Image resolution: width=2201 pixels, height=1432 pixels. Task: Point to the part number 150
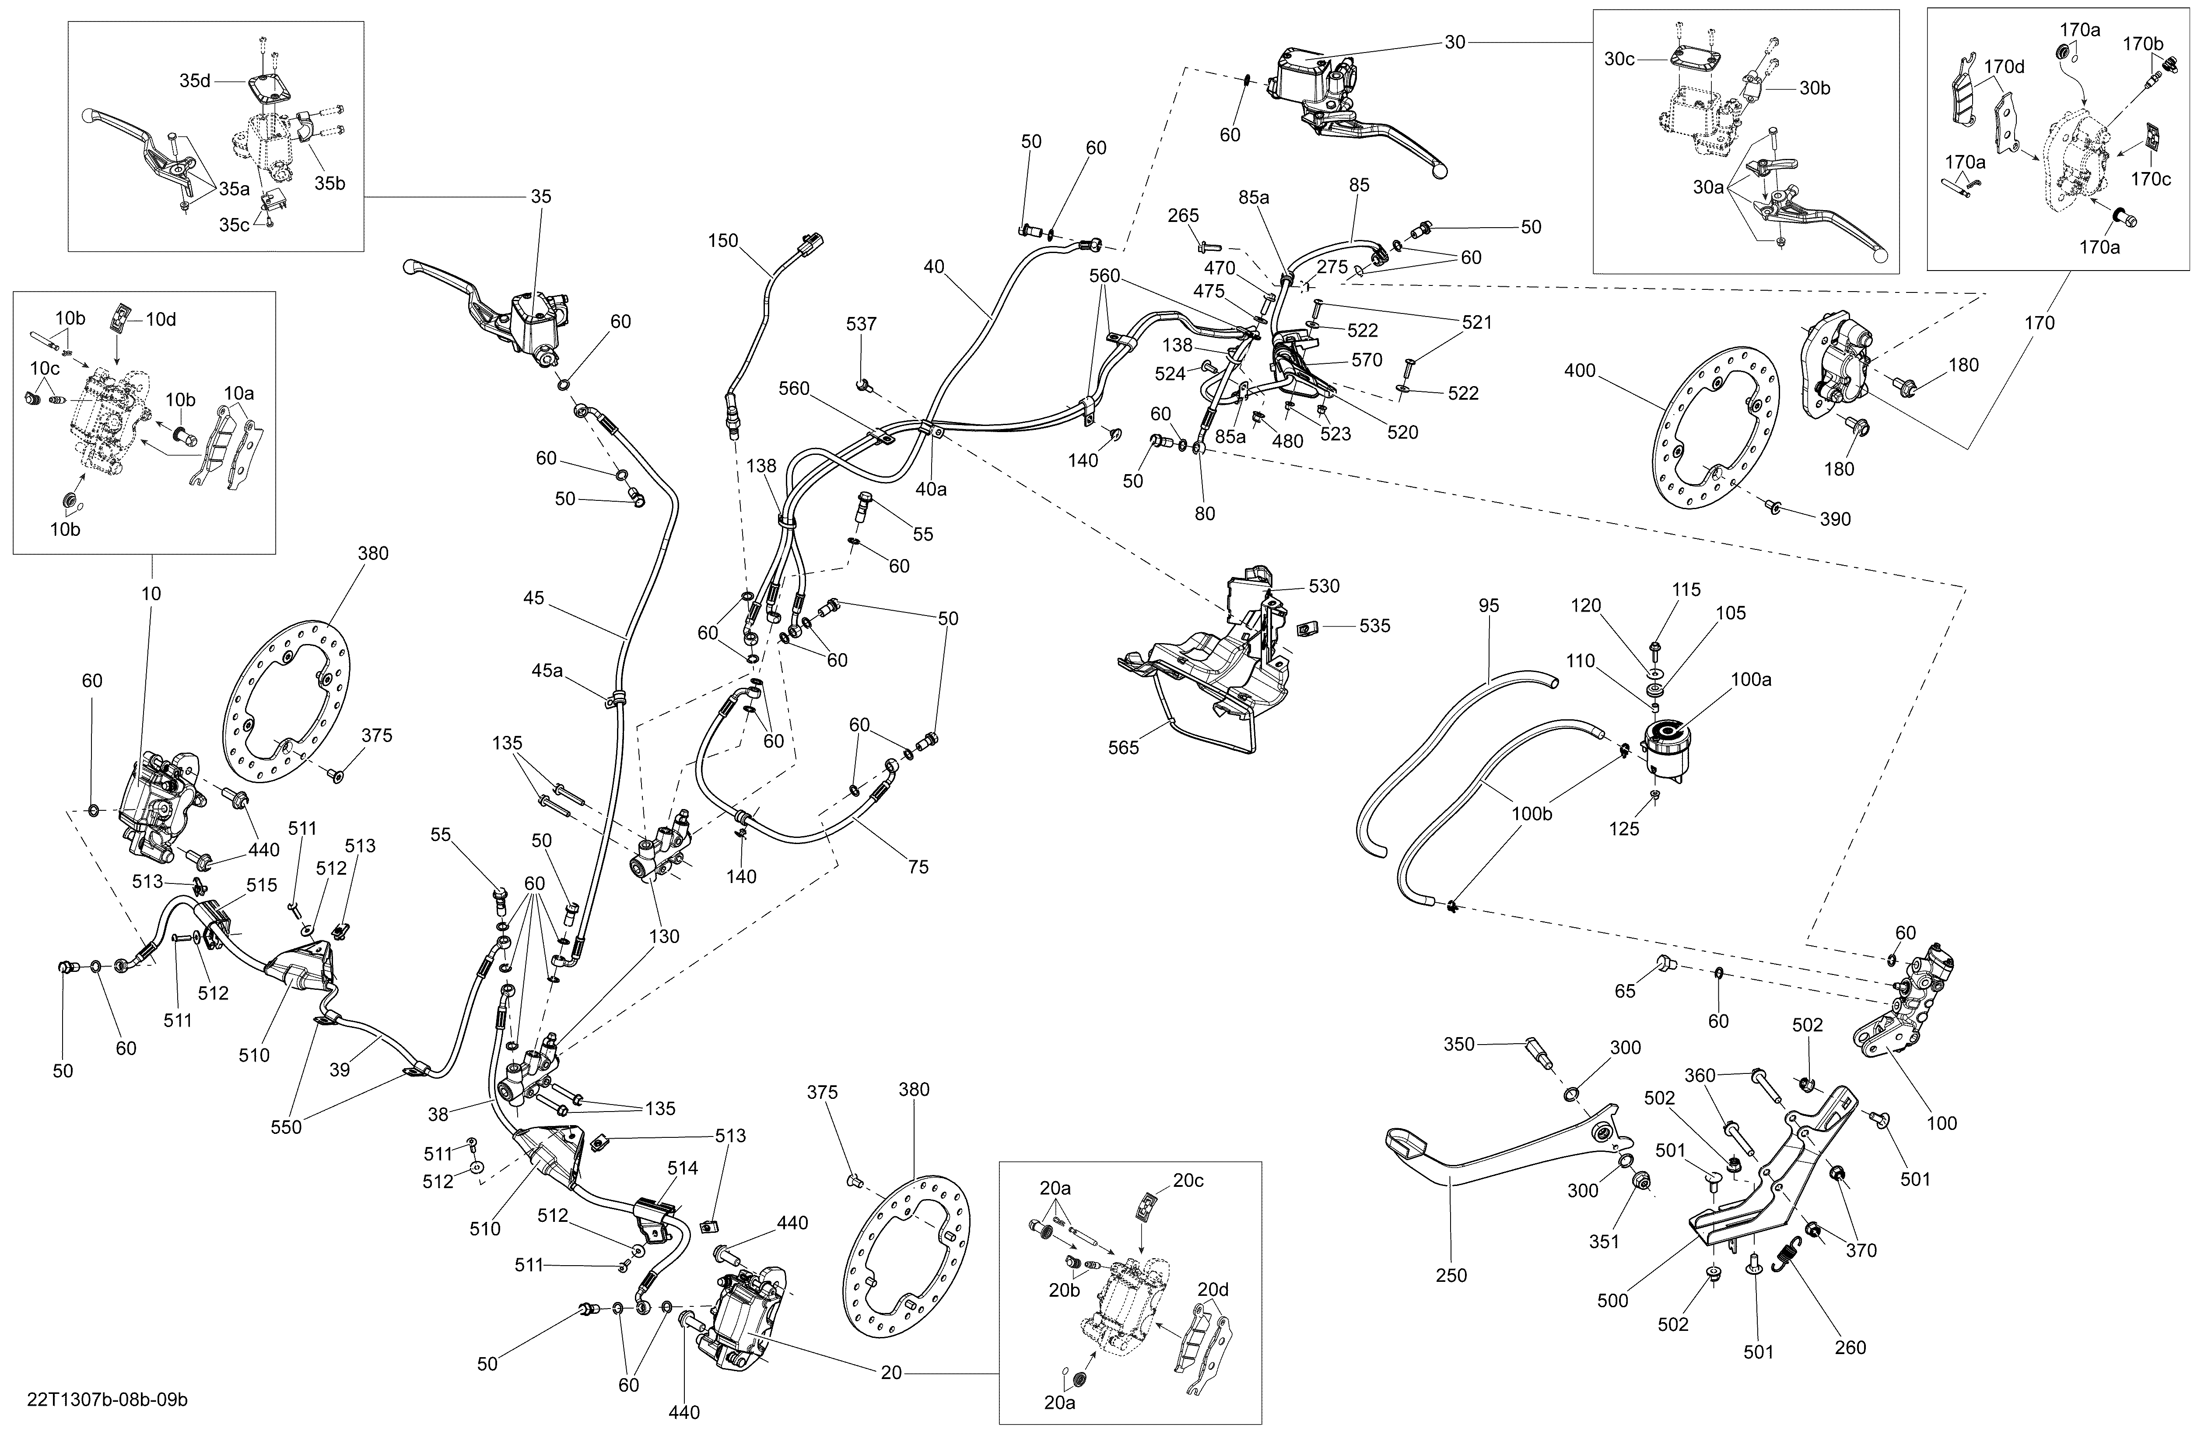click(x=723, y=240)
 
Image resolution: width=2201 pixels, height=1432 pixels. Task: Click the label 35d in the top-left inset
click(x=195, y=81)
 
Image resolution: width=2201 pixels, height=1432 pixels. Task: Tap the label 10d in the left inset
click(x=161, y=319)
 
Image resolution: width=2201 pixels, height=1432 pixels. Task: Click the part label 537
click(x=861, y=324)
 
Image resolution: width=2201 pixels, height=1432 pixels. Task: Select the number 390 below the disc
click(x=1836, y=519)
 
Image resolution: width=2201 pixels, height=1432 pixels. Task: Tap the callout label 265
click(x=1183, y=215)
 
